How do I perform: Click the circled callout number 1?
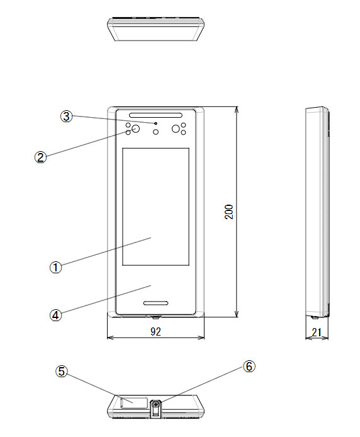tap(56, 268)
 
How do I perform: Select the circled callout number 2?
tap(41, 157)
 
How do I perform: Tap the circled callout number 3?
tap(66, 116)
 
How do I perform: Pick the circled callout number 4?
tap(56, 315)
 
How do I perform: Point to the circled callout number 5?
tap(61, 372)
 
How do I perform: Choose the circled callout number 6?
tap(249, 366)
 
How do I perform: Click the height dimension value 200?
tap(229, 212)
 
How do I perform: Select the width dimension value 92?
tap(155, 331)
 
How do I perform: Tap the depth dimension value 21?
tap(317, 332)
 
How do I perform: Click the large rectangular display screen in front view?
tap(155, 207)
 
